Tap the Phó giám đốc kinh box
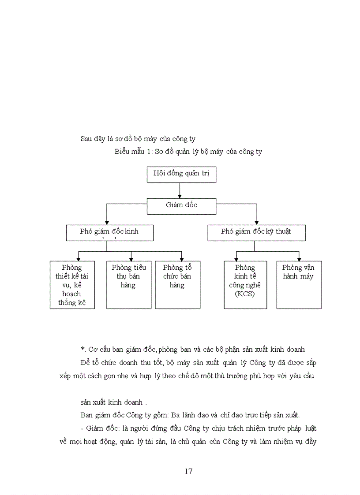[x=110, y=233]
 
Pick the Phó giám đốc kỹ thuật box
[x=256, y=233]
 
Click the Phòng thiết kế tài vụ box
[x=72, y=285]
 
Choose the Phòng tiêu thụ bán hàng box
[x=129, y=285]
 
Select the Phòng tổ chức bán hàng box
[x=177, y=285]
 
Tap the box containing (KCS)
[x=245, y=285]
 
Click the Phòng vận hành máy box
[x=299, y=285]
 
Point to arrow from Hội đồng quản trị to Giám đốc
[x=180, y=190]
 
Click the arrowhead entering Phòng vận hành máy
[x=299, y=259]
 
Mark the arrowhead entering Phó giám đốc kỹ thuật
[x=257, y=223]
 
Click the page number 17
[x=188, y=471]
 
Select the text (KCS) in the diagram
[x=245, y=294]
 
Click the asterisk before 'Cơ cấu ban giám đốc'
[x=82, y=349]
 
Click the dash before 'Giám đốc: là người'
[x=82, y=428]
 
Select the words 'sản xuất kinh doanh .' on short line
[x=114, y=402]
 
